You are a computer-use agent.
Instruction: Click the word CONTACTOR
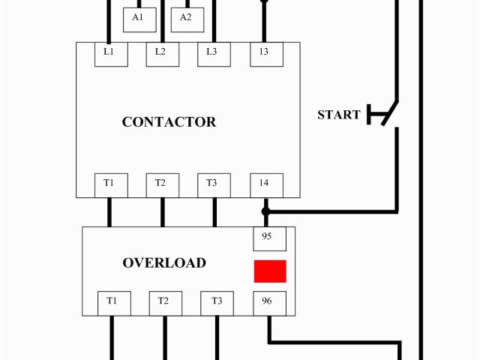click(169, 122)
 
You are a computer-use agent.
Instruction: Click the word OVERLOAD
click(164, 263)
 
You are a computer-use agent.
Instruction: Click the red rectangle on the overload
click(270, 271)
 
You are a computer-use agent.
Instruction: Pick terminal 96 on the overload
click(268, 303)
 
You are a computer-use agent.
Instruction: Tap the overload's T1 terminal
click(112, 303)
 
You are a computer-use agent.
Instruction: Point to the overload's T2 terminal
click(164, 303)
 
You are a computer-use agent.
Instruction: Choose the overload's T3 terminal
click(217, 303)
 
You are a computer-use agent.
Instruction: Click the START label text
click(339, 115)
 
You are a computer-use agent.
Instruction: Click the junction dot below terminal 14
click(265, 212)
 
